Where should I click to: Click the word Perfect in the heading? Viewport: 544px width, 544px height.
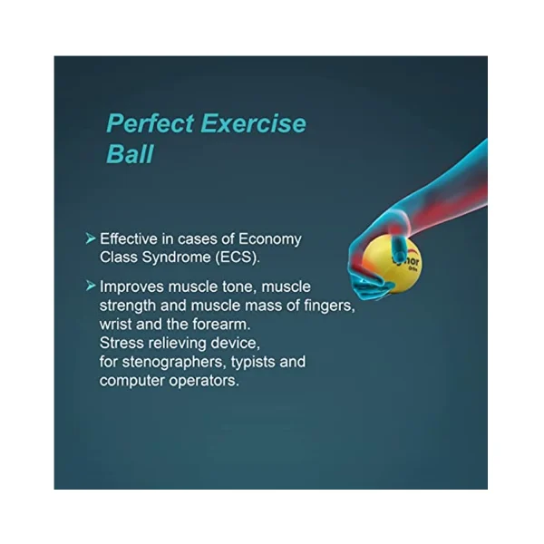pyautogui.click(x=151, y=123)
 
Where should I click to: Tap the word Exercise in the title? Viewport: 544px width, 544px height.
pyautogui.click(x=254, y=123)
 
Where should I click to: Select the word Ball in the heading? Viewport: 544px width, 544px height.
pyautogui.click(x=130, y=154)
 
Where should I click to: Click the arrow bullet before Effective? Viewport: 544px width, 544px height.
pyautogui.click(x=91, y=238)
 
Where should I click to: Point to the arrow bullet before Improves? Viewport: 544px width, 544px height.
pyautogui.click(x=91, y=286)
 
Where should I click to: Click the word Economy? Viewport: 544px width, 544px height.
pyautogui.click(x=270, y=239)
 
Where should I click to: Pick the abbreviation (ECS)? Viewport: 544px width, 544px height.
pyautogui.click(x=238, y=257)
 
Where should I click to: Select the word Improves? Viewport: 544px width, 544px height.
pyautogui.click(x=131, y=287)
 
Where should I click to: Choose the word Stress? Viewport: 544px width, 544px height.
pyautogui.click(x=121, y=343)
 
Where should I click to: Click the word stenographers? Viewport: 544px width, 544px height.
pyautogui.click(x=174, y=362)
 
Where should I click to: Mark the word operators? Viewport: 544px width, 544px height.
pyautogui.click(x=204, y=382)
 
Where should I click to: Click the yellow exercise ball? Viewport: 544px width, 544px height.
pyautogui.click(x=392, y=264)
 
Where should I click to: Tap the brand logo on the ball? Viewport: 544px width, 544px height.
pyautogui.click(x=410, y=261)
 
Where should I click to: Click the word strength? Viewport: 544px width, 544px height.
pyautogui.click(x=127, y=306)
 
